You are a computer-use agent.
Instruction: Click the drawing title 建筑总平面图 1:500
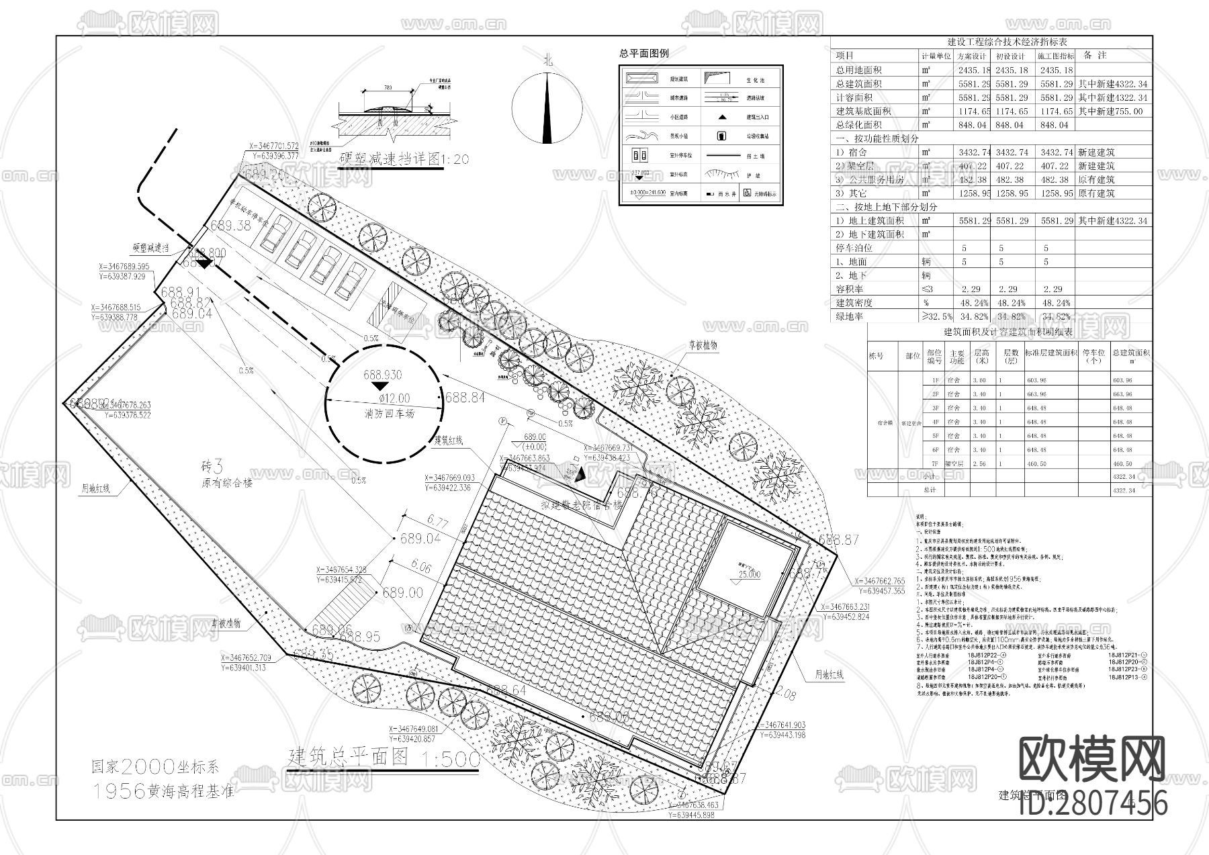384,758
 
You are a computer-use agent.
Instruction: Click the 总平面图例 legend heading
643,53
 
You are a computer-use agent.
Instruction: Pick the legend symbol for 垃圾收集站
722,136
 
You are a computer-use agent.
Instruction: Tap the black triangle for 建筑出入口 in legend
722,117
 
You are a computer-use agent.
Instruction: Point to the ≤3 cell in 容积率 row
928,289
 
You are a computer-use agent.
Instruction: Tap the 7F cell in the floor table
935,464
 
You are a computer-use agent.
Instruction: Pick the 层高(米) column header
981,356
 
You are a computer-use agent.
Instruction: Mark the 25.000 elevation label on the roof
749,574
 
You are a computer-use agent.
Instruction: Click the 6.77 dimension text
437,521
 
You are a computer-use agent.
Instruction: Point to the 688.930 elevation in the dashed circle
383,375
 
